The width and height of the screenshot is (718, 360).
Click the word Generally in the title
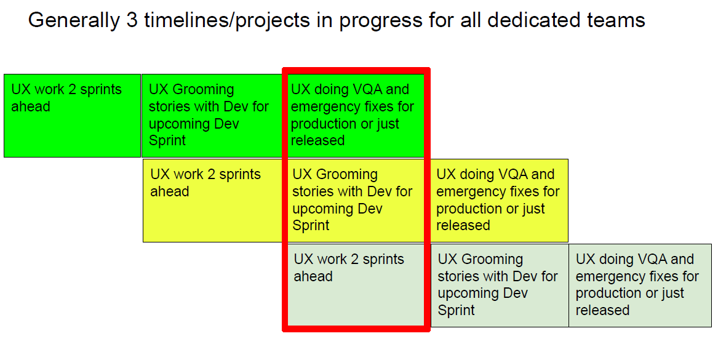pyautogui.click(x=74, y=20)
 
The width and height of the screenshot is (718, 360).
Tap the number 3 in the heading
pyautogui.click(x=132, y=20)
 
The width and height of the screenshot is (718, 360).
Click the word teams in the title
pyautogui.click(x=617, y=20)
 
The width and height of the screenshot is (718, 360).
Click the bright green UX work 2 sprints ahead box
pyautogui.click(x=73, y=116)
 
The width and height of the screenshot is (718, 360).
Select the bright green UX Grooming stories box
pyautogui.click(x=212, y=116)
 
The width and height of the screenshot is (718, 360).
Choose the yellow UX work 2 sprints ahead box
pyautogui.click(x=213, y=201)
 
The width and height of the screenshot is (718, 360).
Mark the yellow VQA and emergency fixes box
pyautogui.click(x=498, y=201)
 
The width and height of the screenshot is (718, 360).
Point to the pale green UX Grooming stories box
pyautogui.click(x=500, y=286)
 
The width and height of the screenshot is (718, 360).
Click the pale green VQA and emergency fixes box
pyautogui.click(x=640, y=286)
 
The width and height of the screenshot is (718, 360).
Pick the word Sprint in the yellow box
pyautogui.click(x=311, y=226)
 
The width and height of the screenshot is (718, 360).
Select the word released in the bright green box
pyautogui.click(x=318, y=140)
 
